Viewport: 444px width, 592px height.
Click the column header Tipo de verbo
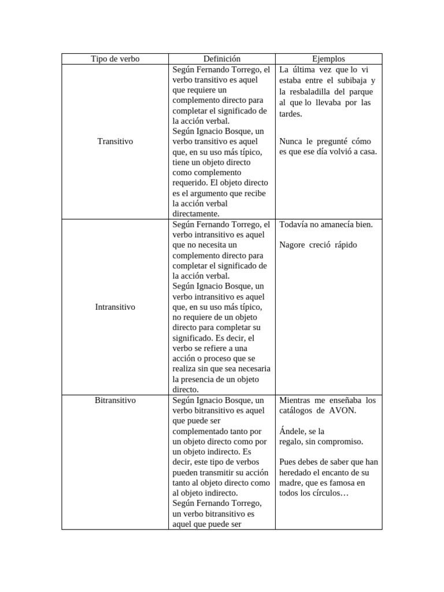point(115,59)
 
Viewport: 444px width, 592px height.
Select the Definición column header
point(221,59)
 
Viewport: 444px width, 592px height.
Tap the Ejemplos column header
point(328,59)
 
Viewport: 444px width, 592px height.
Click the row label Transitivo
point(115,141)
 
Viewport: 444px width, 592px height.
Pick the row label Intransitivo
point(115,307)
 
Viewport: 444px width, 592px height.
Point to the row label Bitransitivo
point(115,400)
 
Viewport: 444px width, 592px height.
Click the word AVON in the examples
point(343,410)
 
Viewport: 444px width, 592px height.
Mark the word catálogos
point(297,410)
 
